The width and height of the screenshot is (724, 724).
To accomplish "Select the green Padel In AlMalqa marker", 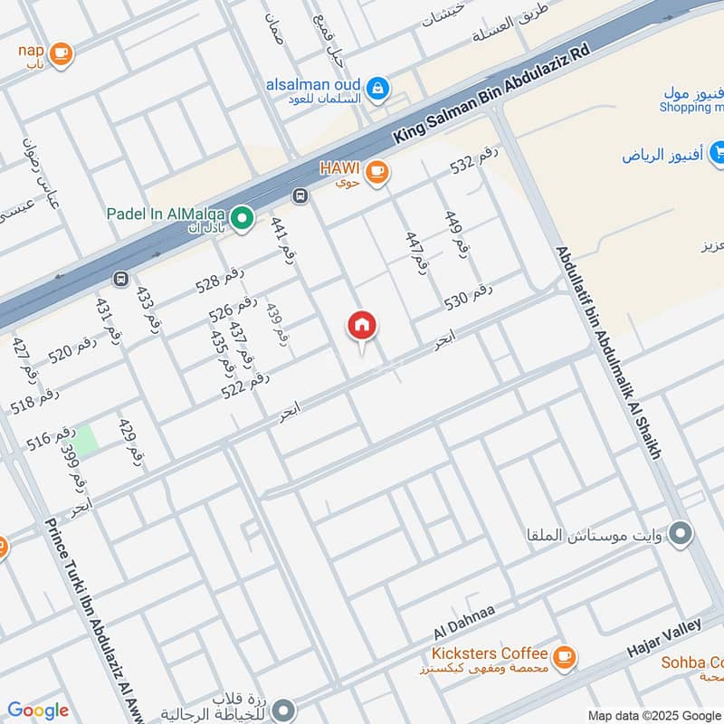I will (242, 217).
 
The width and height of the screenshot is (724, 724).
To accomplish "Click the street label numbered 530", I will (468, 297).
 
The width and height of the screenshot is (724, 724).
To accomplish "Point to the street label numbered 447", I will (415, 252).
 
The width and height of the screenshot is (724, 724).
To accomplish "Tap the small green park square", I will (84, 441).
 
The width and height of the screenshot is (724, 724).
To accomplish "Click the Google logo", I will (38, 710).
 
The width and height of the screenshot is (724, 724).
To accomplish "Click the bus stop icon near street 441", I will (300, 195).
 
